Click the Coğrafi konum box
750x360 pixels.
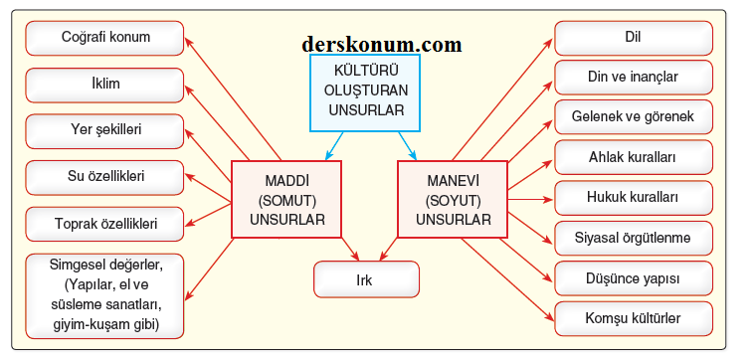[x=104, y=39]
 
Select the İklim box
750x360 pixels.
[x=104, y=85]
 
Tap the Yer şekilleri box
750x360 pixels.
[x=104, y=131]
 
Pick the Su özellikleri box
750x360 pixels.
[x=104, y=177]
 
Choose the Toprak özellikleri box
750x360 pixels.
[x=104, y=224]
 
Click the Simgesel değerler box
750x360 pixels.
[x=104, y=294]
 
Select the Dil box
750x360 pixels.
[x=634, y=39]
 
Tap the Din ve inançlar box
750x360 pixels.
[x=634, y=77]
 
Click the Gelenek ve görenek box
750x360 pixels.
[x=634, y=116]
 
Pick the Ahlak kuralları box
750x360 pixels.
[x=634, y=157]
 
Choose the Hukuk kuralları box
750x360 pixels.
[x=634, y=197]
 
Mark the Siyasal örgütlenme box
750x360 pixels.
[x=634, y=238]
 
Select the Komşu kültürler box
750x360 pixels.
[x=634, y=318]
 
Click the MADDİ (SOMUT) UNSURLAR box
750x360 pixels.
[x=286, y=199]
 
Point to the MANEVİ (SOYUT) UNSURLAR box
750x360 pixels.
[x=454, y=199]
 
